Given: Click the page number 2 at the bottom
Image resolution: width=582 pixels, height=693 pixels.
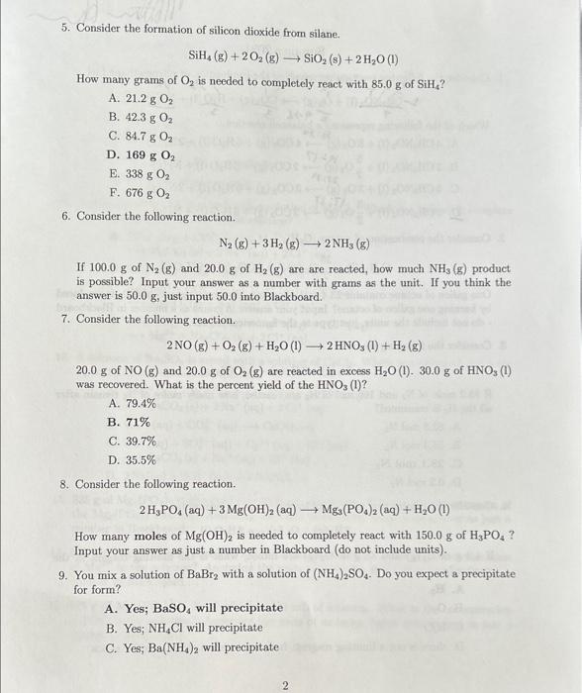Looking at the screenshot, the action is (284, 684).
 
